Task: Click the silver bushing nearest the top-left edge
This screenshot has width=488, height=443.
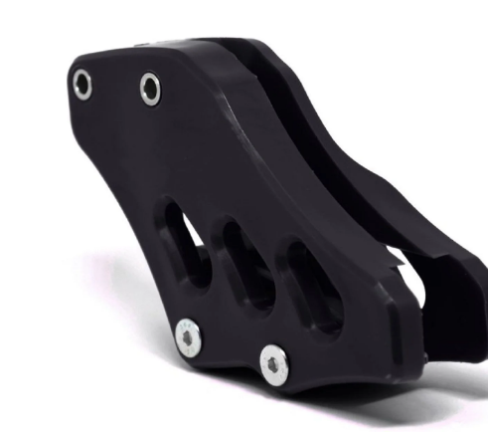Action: [x=83, y=85]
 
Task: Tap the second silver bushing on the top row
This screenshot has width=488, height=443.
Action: [x=151, y=90]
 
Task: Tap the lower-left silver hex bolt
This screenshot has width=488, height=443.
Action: [x=187, y=340]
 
